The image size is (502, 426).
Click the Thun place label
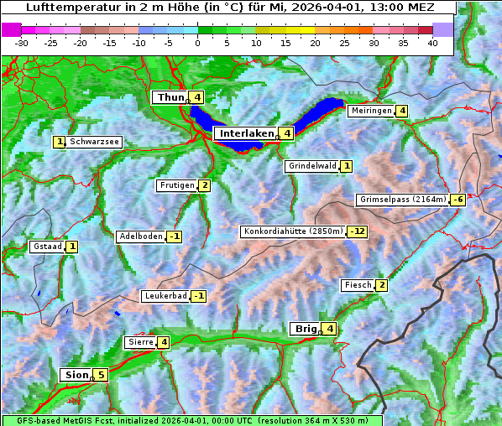tap(170, 98)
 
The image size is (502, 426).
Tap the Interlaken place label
tap(246, 133)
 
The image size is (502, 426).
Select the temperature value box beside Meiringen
tap(402, 111)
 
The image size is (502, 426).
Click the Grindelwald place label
tap(312, 166)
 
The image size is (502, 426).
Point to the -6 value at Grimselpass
tap(458, 200)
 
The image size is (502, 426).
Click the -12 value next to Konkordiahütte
tap(358, 231)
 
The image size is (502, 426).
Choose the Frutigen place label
tap(176, 185)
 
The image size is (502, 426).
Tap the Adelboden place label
tap(140, 236)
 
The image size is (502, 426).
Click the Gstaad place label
tap(46, 247)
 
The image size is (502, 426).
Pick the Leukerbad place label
tap(165, 296)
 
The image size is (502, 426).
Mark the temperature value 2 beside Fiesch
tap(381, 285)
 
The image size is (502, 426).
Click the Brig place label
tap(305, 329)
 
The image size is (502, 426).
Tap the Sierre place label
tap(139, 342)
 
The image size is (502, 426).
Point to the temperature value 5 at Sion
tap(101, 375)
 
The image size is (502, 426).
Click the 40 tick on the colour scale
tap(432, 43)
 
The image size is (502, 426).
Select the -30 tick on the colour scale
tap(22, 43)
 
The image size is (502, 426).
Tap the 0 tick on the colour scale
tap(197, 43)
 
